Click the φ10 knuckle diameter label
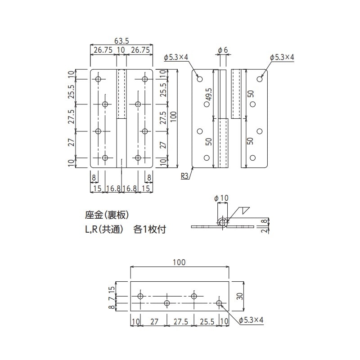tap(222, 198)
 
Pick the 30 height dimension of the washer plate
tap(241, 296)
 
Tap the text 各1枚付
tap(150, 229)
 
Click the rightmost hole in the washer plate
tap(219, 303)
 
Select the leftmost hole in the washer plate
tap(140, 296)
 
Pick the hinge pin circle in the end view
tap(222, 222)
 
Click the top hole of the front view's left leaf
tap(98, 79)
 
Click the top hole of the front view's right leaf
tap(144, 79)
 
